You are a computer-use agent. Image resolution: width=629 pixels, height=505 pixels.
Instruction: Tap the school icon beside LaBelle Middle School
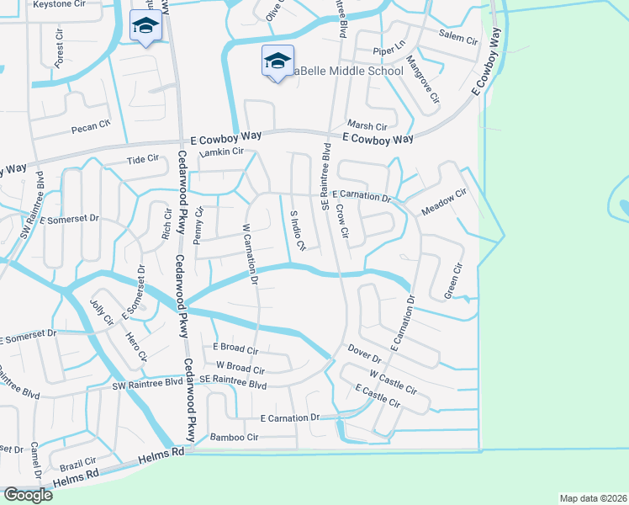tap(277, 61)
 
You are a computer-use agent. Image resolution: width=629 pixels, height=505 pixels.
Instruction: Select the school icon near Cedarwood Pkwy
tap(145, 27)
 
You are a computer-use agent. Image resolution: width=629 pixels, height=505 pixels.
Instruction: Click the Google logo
tap(27, 495)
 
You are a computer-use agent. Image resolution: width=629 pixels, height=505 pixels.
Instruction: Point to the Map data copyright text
tap(593, 498)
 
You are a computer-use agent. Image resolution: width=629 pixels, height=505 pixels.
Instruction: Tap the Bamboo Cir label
tap(234, 438)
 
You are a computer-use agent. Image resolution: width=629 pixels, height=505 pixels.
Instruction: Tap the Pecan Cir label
tap(91, 127)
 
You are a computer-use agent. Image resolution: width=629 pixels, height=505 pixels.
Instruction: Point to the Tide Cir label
tap(142, 158)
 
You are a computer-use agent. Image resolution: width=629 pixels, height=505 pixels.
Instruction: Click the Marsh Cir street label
tap(367, 125)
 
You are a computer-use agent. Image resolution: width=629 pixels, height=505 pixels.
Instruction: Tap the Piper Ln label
tap(389, 51)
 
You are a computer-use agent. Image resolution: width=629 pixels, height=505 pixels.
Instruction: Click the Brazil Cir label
tap(78, 464)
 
